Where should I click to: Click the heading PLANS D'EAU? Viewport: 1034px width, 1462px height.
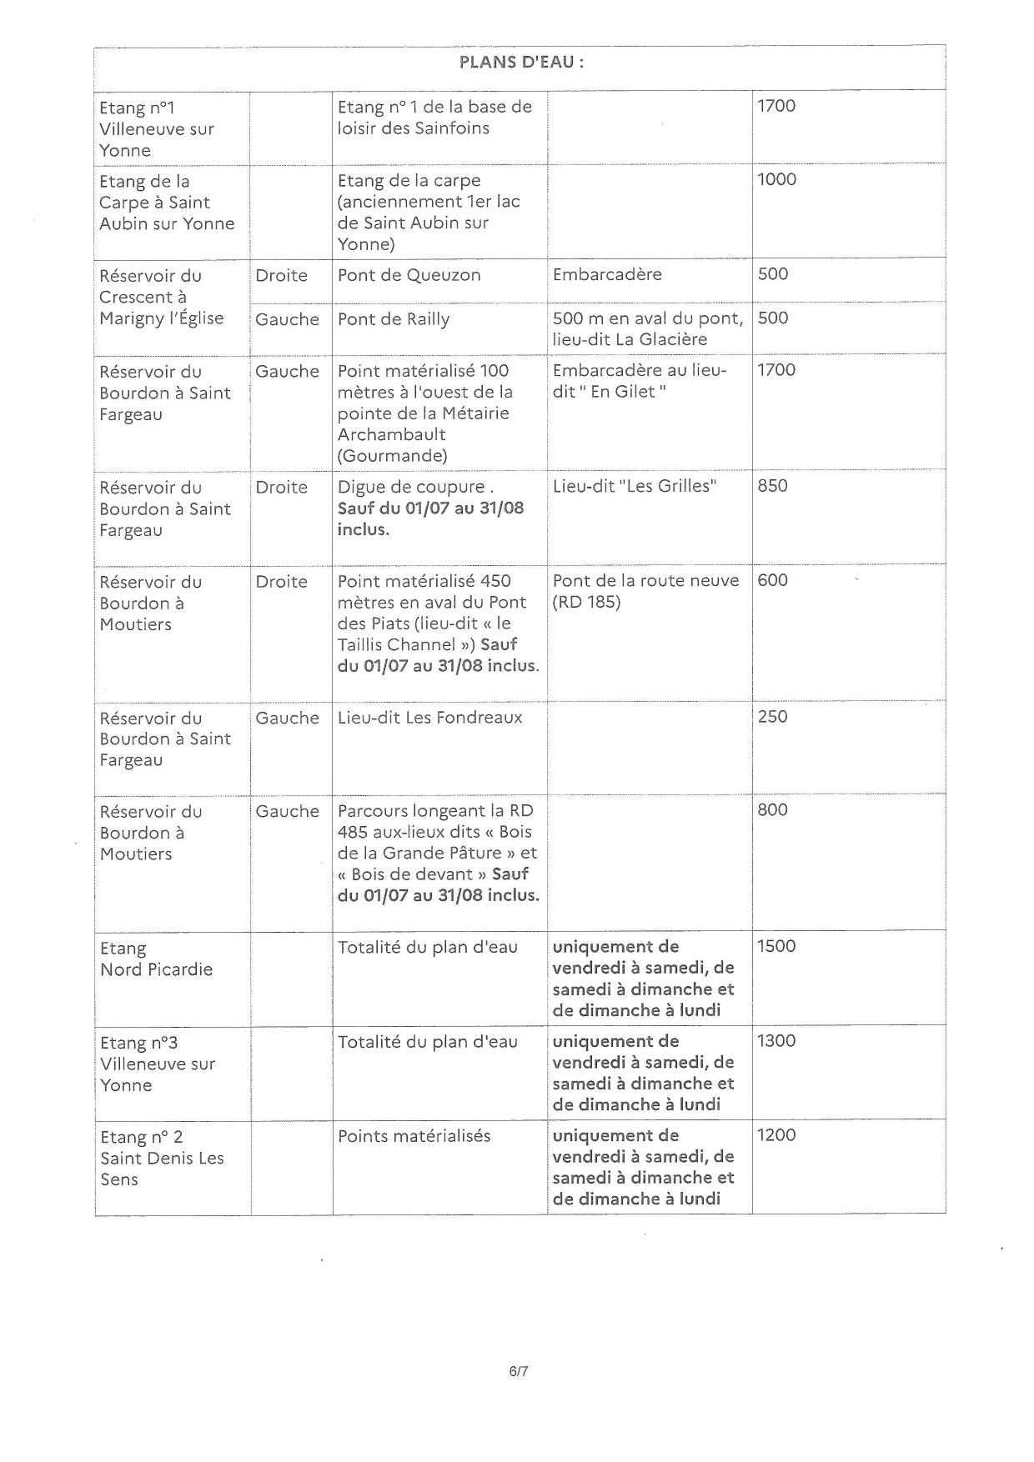[x=521, y=63]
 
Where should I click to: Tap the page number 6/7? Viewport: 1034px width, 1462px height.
[x=519, y=1371]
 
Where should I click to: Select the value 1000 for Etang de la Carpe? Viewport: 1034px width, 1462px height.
[x=776, y=180]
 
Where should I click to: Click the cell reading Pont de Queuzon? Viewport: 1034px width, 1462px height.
[x=409, y=276]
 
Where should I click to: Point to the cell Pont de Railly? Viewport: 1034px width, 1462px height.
[x=394, y=319]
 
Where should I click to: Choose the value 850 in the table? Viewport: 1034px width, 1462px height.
[x=772, y=486]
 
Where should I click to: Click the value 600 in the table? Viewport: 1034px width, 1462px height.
[x=772, y=581]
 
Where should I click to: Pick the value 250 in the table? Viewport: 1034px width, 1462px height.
[x=772, y=717]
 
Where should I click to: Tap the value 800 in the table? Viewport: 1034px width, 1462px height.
[x=772, y=810]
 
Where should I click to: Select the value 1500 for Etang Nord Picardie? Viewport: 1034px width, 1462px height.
[x=776, y=946]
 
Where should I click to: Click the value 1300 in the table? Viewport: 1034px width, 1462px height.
[x=776, y=1041]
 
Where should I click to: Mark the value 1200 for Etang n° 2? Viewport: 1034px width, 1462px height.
[x=776, y=1135]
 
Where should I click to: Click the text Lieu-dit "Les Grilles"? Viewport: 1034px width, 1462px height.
[x=635, y=487]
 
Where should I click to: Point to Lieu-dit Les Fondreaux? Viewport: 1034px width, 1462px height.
[x=429, y=718]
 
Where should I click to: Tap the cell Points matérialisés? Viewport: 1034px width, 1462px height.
[x=414, y=1136]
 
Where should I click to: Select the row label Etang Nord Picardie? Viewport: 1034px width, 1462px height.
[x=156, y=959]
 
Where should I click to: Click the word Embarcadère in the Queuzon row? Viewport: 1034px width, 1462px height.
[x=607, y=275]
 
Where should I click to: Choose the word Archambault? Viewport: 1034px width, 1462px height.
[x=391, y=435]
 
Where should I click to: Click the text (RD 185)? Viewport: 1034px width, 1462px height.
[x=586, y=602]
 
